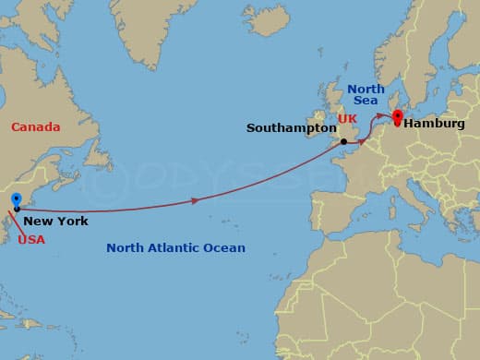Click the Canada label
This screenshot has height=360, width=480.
[36, 126]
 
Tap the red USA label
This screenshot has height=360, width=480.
[30, 239]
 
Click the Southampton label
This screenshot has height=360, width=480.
[289, 128]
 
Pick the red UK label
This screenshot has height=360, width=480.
[347, 120]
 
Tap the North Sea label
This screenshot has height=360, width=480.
[366, 95]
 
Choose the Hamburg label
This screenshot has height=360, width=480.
[433, 122]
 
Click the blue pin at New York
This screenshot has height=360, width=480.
[16, 200]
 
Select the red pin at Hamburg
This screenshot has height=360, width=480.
[398, 117]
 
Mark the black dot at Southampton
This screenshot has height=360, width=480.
[342, 141]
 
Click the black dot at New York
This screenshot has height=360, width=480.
[17, 210]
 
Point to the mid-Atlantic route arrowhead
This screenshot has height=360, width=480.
[194, 200]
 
